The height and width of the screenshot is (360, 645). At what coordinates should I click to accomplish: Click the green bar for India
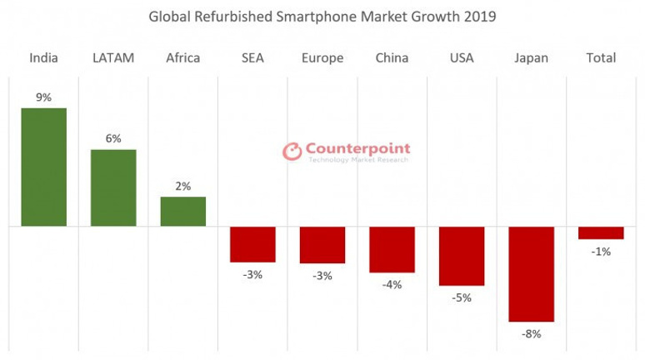point(43,167)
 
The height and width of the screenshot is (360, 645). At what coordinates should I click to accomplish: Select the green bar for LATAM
point(113,187)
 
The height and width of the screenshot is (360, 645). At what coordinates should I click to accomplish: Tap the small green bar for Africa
point(182,212)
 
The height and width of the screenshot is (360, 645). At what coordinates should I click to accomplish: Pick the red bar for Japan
point(531,274)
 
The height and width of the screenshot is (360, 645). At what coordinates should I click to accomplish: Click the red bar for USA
point(461,256)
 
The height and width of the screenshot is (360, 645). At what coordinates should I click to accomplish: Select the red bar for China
point(392,249)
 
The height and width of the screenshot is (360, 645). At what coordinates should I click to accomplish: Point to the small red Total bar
point(601,232)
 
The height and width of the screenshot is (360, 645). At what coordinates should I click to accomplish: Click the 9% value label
point(43,97)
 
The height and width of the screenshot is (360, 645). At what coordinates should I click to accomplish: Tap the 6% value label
point(113,139)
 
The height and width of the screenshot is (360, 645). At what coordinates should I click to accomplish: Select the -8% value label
point(531,334)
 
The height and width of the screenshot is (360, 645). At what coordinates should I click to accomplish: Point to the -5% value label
point(461,297)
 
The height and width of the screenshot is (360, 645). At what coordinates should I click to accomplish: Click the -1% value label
point(601,251)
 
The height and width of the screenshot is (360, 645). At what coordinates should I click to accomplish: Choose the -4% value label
point(392,284)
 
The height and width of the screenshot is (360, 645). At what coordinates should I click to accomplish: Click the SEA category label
point(252,57)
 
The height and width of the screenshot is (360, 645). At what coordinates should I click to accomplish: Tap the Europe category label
point(322,57)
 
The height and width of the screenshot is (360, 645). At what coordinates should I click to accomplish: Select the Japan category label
point(531,57)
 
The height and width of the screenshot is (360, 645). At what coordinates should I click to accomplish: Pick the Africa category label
point(182,57)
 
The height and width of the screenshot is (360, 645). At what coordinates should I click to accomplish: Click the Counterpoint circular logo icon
point(292,152)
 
